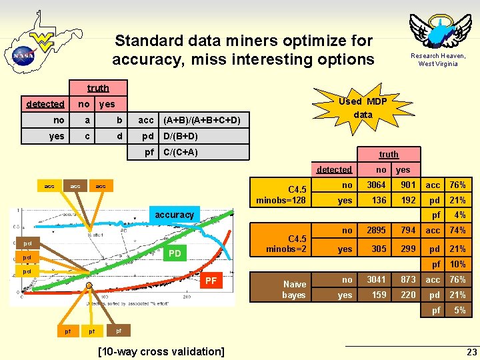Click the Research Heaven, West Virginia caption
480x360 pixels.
pos(438,60)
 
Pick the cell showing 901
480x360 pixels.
pos(408,185)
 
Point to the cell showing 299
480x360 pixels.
pos(408,249)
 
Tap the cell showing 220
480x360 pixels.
pos(408,295)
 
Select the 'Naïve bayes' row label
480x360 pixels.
pos(293,289)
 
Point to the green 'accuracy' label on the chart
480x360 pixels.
pos(175,215)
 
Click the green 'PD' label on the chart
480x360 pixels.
pos(175,253)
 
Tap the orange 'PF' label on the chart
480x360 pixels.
pos(211,281)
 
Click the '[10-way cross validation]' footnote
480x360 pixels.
pos(161,351)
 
